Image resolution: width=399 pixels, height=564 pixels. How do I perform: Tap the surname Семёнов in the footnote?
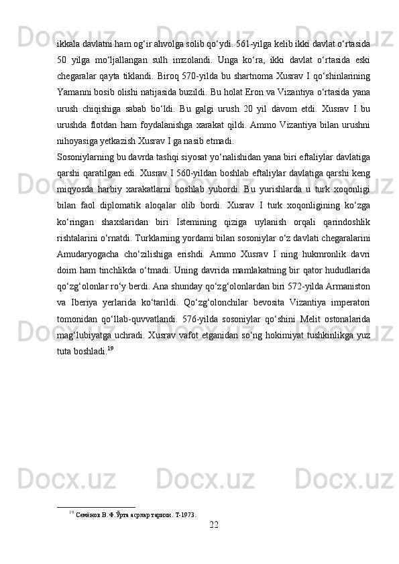[88, 515]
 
